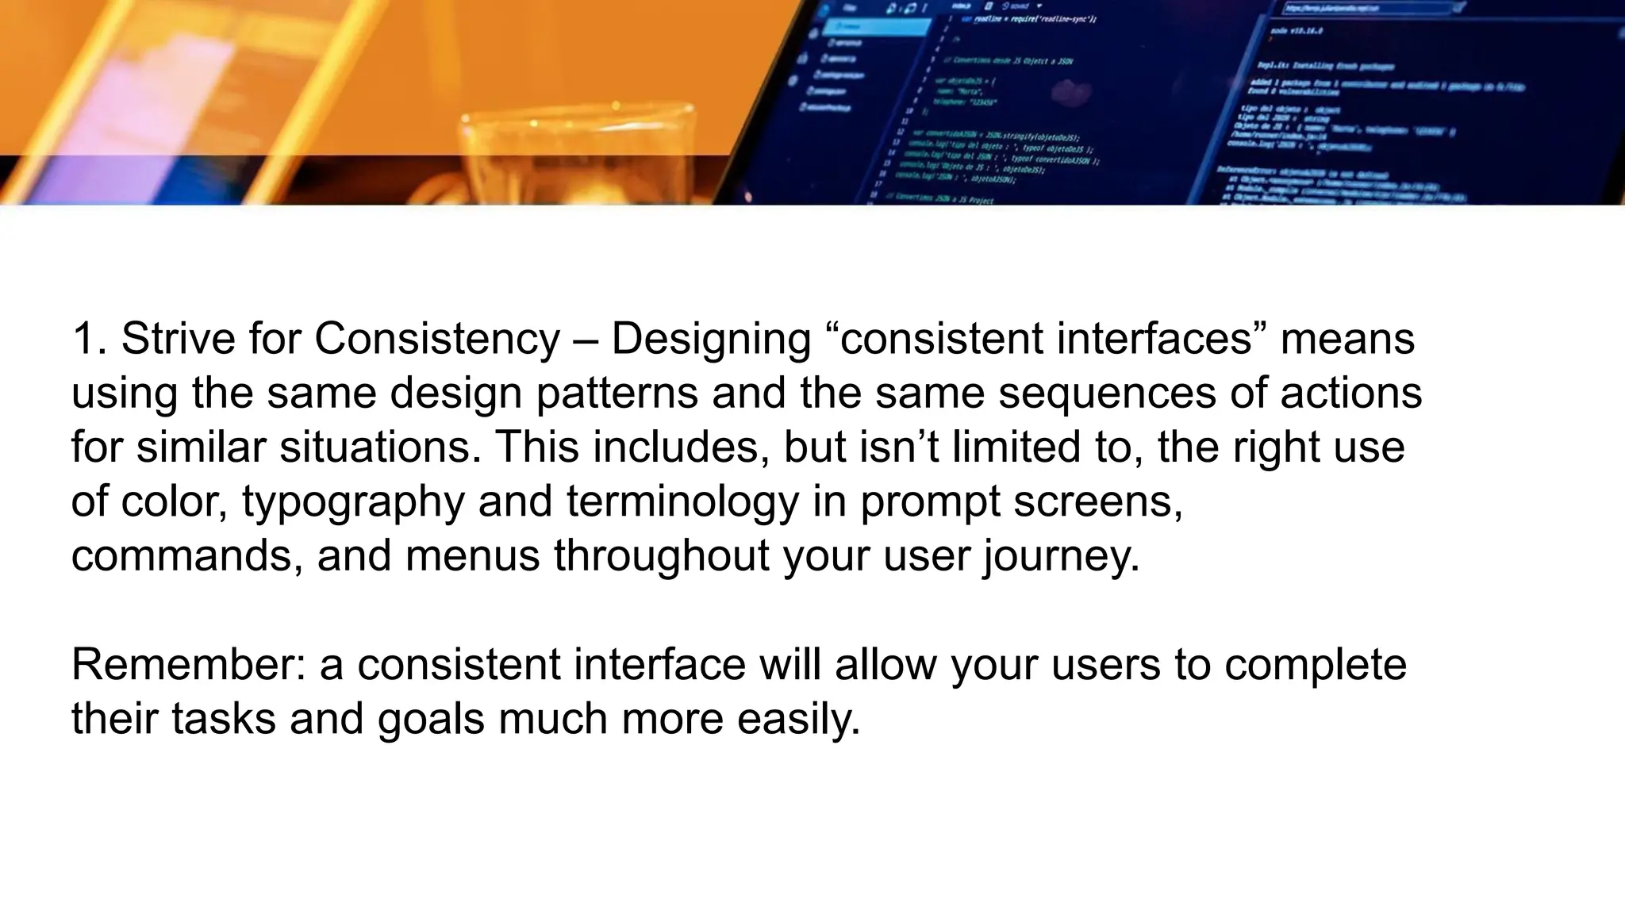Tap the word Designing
[x=710, y=339]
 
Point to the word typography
[x=352, y=502]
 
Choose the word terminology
[x=682, y=502]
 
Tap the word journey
[x=1061, y=555]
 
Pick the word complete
[x=1315, y=665]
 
